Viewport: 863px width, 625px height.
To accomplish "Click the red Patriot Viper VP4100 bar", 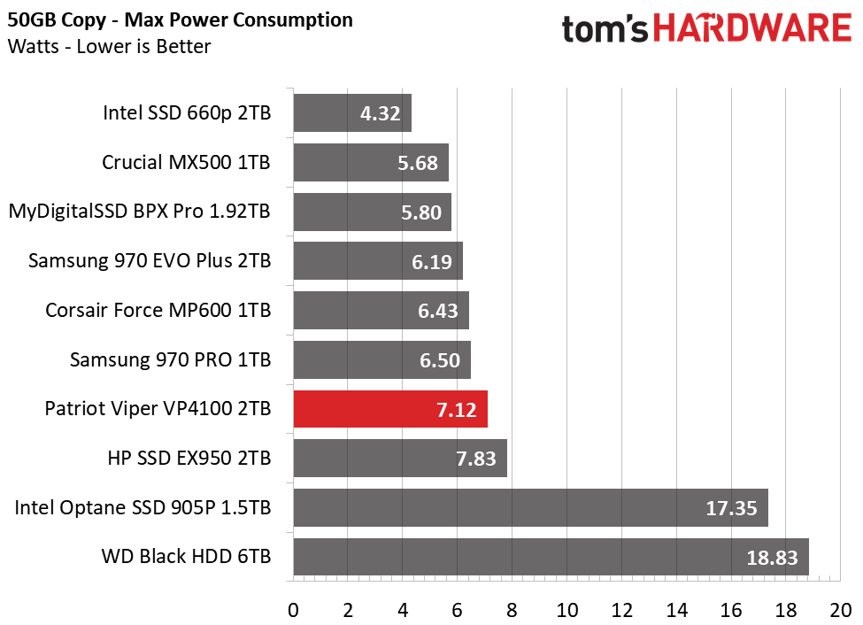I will [x=389, y=410].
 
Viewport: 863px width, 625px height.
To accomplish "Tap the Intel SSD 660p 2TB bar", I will [x=351, y=113].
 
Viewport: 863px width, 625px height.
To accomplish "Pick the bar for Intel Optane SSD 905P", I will [x=529, y=508].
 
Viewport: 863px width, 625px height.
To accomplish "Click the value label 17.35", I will [x=731, y=509].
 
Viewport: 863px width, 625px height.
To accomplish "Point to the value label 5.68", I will [x=414, y=163].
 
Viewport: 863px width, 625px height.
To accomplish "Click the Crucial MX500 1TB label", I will [x=186, y=163].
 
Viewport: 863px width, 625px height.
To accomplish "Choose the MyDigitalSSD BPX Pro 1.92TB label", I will [x=139, y=212].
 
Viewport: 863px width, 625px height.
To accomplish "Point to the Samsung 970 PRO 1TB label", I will [x=170, y=360].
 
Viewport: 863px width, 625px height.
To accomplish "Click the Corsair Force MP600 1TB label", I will [x=158, y=311].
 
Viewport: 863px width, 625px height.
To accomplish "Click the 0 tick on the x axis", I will [x=293, y=610].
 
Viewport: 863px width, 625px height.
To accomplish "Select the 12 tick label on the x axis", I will [x=621, y=610].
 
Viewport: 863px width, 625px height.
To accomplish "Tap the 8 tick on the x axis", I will [x=512, y=610].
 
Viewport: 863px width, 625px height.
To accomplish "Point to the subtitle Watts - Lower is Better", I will [x=109, y=46].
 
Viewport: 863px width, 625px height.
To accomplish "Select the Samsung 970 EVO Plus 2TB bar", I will [x=377, y=261].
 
